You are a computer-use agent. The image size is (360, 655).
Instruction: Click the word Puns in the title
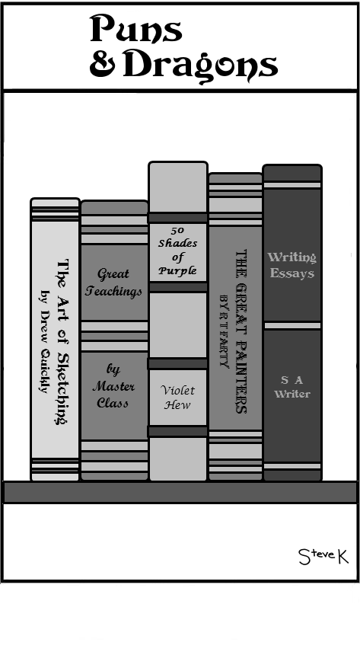[x=136, y=28]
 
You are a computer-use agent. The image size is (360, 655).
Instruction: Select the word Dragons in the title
[x=200, y=66]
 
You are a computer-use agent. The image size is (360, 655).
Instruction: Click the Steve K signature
[x=323, y=556]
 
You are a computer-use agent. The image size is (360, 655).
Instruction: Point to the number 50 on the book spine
[x=177, y=230]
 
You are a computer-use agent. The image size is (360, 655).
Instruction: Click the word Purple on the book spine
[x=177, y=270]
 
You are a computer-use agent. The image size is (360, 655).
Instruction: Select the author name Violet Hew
[x=177, y=398]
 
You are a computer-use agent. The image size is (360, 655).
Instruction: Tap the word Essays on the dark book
[x=292, y=273]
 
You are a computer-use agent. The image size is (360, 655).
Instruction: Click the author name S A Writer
[x=292, y=387]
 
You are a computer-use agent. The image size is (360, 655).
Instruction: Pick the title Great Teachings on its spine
[x=113, y=283]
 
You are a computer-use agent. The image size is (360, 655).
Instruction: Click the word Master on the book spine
[x=113, y=386]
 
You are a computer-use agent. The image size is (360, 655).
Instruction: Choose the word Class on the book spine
[x=113, y=403]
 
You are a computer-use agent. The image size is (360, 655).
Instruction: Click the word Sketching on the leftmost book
[x=62, y=387]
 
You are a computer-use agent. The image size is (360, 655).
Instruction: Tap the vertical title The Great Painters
[x=241, y=331]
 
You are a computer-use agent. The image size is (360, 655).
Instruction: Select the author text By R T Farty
[x=225, y=331]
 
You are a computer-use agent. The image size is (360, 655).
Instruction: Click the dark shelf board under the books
[x=180, y=492]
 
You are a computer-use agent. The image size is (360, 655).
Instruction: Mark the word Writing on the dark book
[x=292, y=257]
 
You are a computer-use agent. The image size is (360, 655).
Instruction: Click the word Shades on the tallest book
[x=177, y=243]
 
